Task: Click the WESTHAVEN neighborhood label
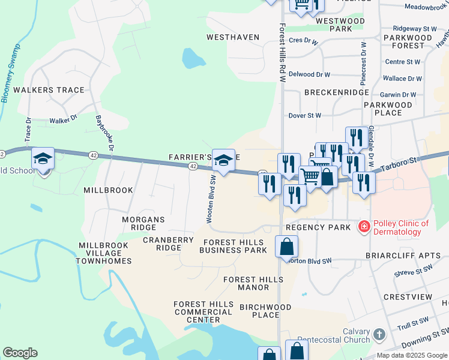(233, 37)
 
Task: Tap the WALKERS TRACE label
(49, 90)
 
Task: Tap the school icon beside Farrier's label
(223, 160)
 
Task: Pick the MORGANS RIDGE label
(143, 224)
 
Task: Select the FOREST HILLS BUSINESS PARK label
(234, 246)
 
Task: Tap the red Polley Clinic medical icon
(363, 227)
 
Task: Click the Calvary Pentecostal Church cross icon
(378, 334)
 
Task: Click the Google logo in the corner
(20, 352)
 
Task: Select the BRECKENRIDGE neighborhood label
(336, 92)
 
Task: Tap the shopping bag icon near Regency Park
(287, 246)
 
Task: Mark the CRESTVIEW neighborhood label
(408, 297)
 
